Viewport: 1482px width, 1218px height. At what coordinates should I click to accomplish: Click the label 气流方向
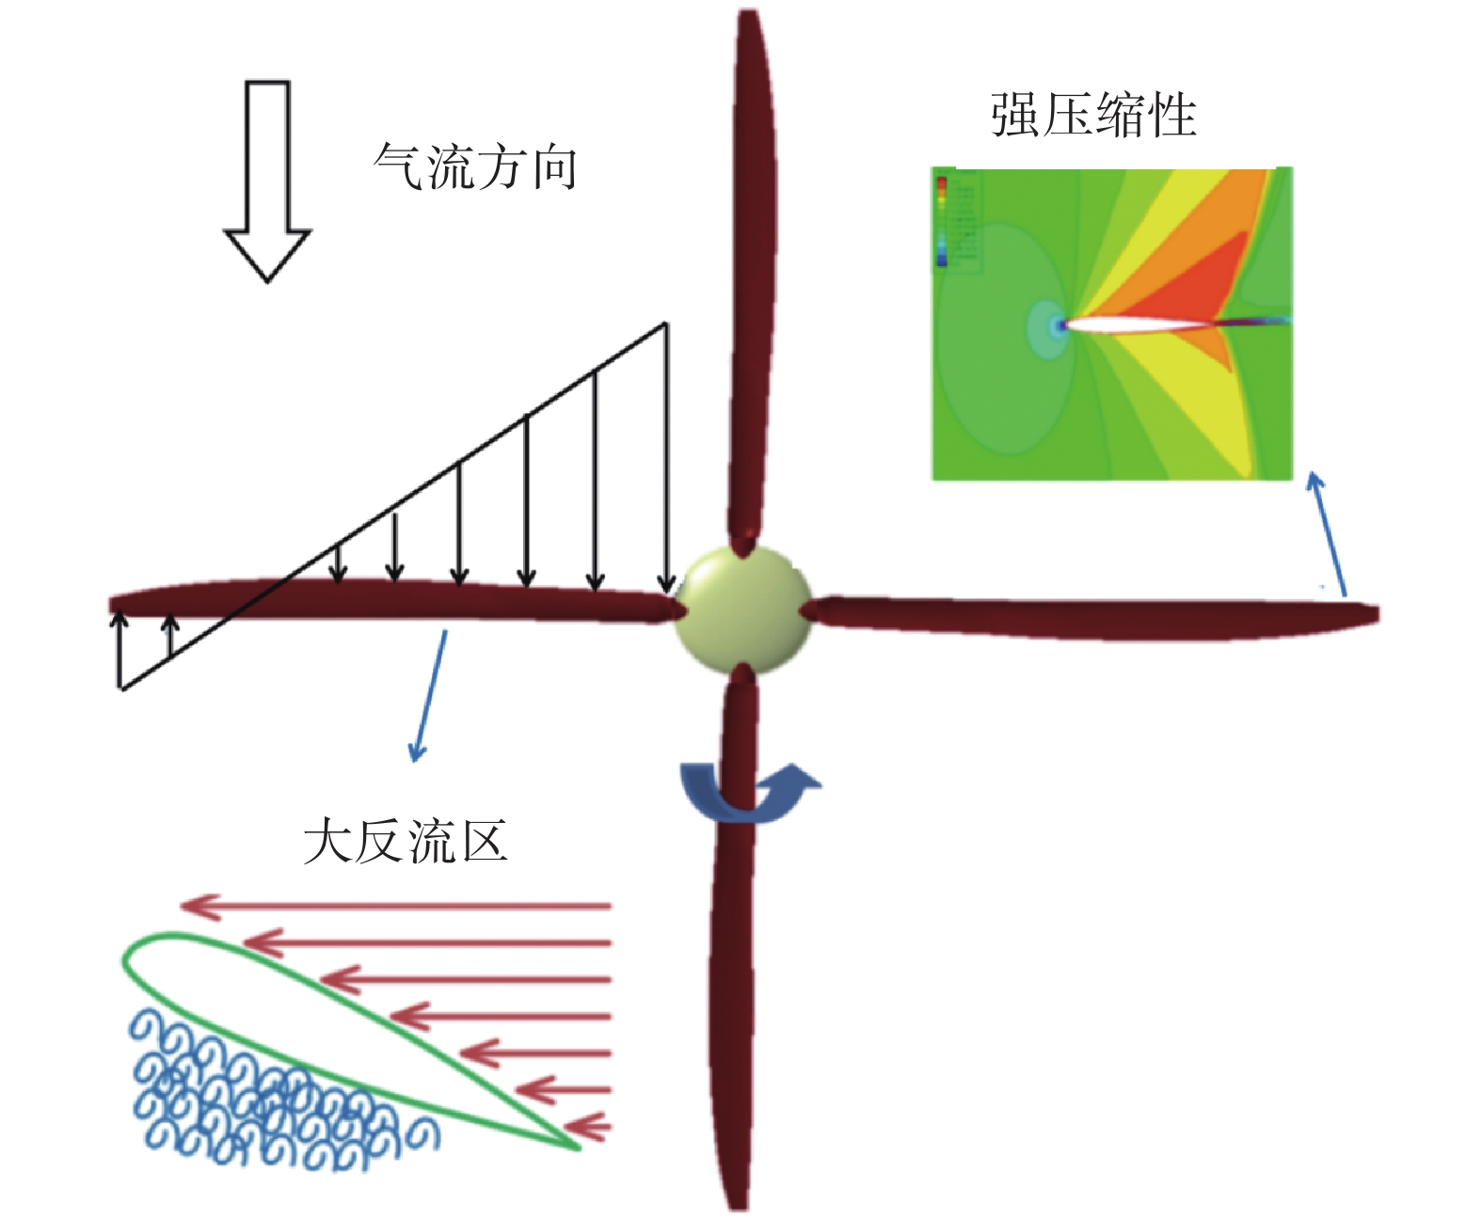(x=475, y=167)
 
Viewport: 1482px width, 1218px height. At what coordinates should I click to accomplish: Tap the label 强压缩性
(x=1093, y=116)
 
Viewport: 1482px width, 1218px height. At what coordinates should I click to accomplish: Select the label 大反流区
(x=406, y=840)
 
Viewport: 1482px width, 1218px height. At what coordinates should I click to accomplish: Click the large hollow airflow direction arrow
(x=267, y=179)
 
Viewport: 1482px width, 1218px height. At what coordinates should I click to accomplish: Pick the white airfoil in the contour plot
(x=1139, y=325)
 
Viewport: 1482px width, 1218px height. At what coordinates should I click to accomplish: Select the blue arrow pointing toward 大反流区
(x=429, y=696)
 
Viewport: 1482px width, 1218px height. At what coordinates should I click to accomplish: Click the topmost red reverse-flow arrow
(x=395, y=907)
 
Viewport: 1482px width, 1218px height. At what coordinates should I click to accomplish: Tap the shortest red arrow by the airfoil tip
(x=588, y=1126)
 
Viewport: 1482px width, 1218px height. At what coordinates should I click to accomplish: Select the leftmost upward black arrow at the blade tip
(x=120, y=649)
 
